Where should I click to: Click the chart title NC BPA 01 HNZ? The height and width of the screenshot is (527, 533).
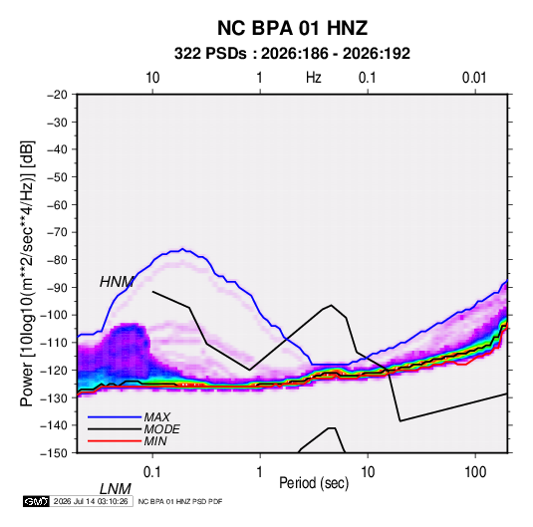[292, 28]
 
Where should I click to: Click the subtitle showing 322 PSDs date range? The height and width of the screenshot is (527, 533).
[292, 54]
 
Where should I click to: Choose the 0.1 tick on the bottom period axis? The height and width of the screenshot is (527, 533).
[152, 472]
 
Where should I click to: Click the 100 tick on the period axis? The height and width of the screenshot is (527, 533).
[475, 472]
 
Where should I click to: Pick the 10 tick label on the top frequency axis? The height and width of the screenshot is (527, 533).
[152, 78]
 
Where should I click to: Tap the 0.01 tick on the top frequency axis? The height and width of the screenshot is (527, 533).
[474, 78]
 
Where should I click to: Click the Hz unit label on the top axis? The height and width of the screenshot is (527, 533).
[314, 78]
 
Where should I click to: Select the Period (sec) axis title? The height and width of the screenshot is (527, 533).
[314, 483]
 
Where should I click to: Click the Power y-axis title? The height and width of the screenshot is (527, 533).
[27, 274]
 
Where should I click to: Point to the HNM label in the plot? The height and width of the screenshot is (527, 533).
[117, 282]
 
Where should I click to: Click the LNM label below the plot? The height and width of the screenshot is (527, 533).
[116, 489]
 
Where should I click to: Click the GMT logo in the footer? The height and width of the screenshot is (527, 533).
[37, 501]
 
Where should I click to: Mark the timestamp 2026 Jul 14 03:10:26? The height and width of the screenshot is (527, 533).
[91, 501]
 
